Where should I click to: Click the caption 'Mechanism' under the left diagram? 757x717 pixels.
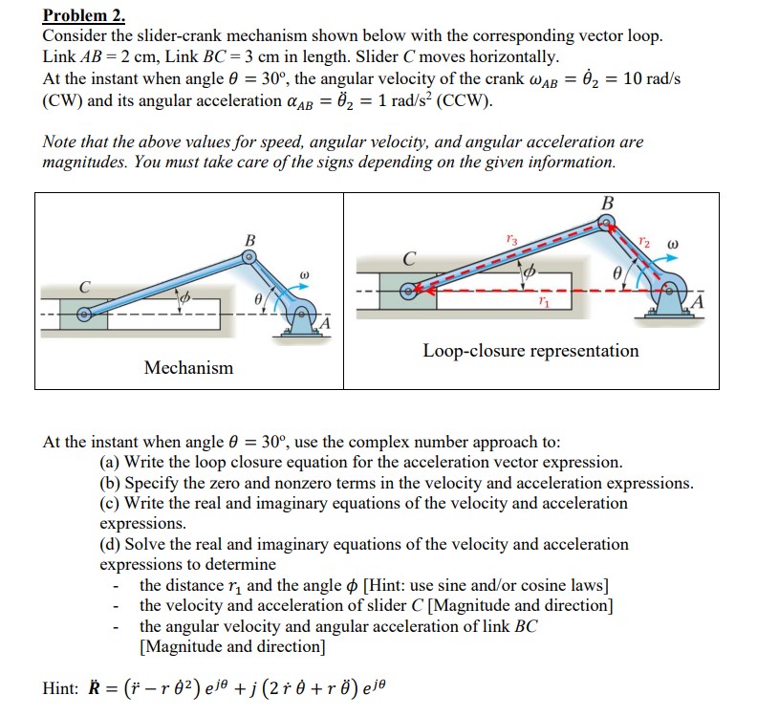(x=188, y=367)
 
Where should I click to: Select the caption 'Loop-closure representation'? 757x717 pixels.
(x=530, y=351)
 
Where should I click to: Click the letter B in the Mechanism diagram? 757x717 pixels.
(x=250, y=239)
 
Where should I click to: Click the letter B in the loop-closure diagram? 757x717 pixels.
(x=607, y=203)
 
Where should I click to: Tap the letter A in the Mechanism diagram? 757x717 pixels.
(x=326, y=324)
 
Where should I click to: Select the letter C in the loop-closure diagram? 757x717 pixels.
(x=409, y=258)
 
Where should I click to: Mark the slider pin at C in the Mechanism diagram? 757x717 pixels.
(x=85, y=312)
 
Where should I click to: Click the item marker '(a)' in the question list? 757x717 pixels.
(x=111, y=462)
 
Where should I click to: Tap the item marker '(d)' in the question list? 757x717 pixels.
(x=111, y=544)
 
